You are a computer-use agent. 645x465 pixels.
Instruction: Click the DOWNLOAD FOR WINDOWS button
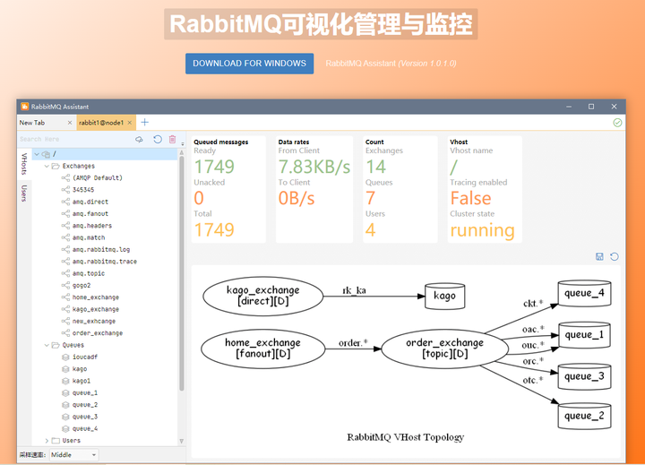click(249, 64)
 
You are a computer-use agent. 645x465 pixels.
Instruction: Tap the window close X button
click(614, 107)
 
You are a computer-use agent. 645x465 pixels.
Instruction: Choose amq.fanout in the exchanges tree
click(90, 214)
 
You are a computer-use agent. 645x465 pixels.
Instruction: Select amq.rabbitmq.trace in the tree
click(105, 262)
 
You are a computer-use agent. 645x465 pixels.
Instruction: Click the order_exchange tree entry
click(98, 333)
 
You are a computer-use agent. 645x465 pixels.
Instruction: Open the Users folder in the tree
click(72, 441)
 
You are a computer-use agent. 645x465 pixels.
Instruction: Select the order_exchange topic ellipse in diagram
click(444, 348)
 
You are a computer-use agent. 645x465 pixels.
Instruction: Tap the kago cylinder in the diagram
click(444, 296)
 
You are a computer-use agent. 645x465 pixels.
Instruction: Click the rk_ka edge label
click(354, 290)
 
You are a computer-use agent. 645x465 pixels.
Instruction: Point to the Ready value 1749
click(214, 167)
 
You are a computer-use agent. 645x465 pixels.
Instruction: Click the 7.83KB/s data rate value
click(314, 167)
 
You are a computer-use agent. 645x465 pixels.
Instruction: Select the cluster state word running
click(482, 230)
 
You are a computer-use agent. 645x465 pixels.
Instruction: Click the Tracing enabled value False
click(470, 198)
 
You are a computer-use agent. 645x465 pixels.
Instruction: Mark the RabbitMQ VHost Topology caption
click(405, 437)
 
